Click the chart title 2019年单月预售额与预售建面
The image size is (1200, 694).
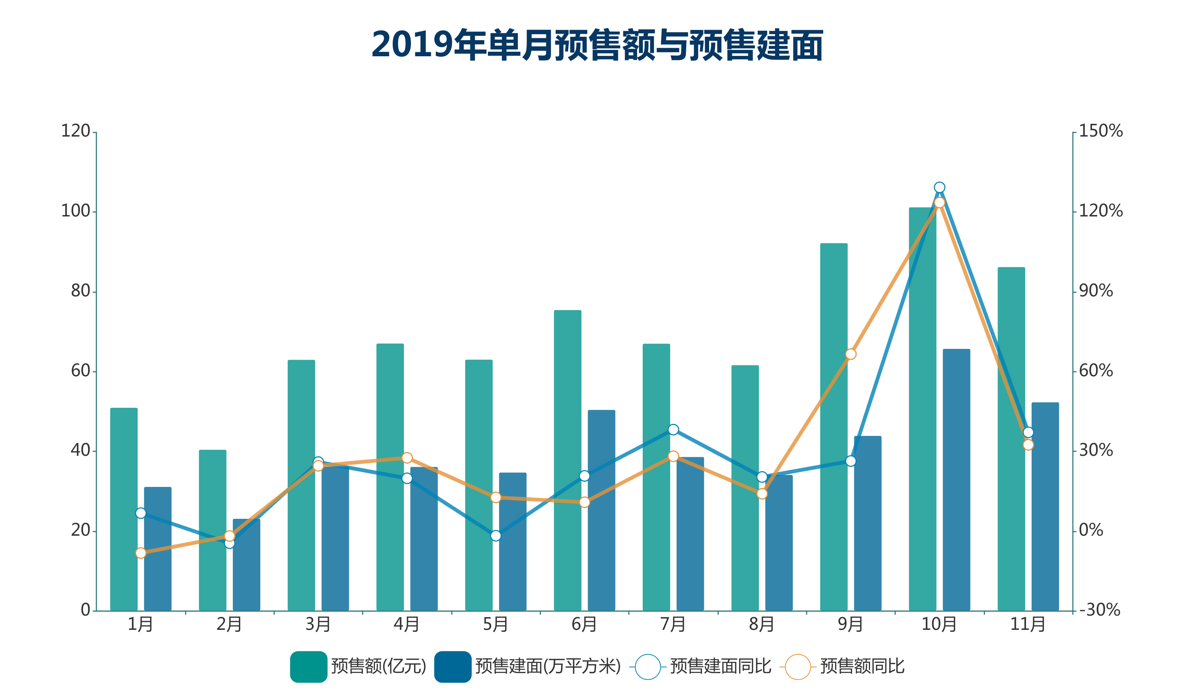tap(597, 45)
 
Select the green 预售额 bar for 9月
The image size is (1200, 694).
tap(833, 427)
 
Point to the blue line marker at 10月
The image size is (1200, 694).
tap(939, 187)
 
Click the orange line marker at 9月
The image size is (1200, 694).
tap(850, 354)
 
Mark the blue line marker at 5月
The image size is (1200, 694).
tap(496, 535)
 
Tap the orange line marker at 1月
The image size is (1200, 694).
tap(141, 553)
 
